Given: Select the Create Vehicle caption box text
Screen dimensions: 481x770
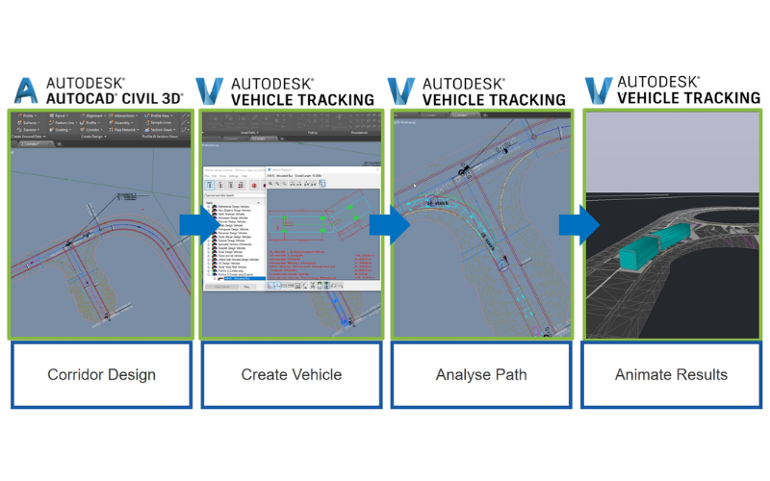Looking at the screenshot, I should pyautogui.click(x=291, y=374).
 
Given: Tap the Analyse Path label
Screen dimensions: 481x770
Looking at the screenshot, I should pyautogui.click(x=480, y=374).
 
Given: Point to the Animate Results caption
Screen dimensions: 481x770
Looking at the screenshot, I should pyautogui.click(x=671, y=374).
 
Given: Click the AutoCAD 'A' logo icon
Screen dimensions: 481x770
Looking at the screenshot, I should pyautogui.click(x=27, y=91).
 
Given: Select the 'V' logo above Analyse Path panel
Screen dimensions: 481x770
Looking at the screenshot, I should pyautogui.click(x=400, y=91).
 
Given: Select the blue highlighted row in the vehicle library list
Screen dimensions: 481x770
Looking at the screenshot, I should pyautogui.click(x=235, y=280).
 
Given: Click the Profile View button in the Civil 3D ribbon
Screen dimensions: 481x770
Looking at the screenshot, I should pyautogui.click(x=160, y=117).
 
